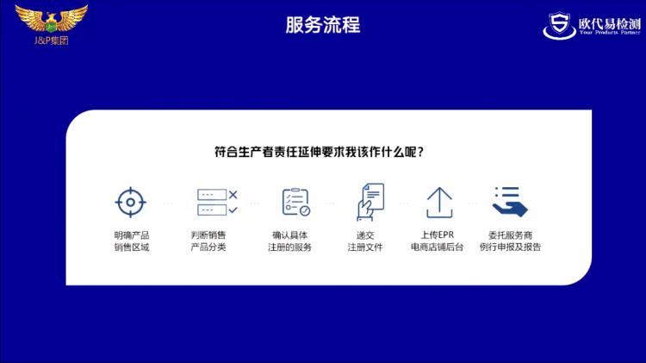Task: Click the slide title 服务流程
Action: [x=323, y=25]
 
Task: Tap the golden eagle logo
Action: [x=51, y=19]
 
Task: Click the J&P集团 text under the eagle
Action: [x=51, y=41]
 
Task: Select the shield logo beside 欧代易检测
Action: [x=559, y=26]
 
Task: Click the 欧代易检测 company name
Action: [x=609, y=23]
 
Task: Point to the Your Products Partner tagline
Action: [x=610, y=32]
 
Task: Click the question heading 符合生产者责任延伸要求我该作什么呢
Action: [x=319, y=152]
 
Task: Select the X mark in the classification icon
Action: [x=233, y=194]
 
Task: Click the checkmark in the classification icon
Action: [x=233, y=210]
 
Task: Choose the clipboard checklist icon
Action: [x=295, y=202]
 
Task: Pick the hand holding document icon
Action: [x=370, y=202]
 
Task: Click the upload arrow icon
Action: [x=439, y=203]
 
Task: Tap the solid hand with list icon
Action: [x=510, y=202]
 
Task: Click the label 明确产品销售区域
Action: [x=132, y=241]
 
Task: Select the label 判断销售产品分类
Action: [x=208, y=241]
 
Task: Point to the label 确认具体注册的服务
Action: [x=290, y=241]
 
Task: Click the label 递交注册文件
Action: [x=365, y=241]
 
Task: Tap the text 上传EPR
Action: [x=437, y=235]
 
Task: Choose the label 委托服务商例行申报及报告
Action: [x=511, y=241]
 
